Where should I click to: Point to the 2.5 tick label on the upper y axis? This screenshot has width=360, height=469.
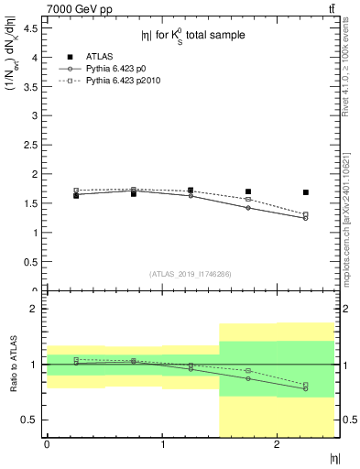30,145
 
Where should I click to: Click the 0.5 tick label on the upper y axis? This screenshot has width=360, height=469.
30,262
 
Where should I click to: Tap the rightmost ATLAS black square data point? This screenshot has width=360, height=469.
306,192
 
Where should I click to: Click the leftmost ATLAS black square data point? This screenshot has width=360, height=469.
76,195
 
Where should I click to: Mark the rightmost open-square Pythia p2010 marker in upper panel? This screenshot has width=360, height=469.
306,214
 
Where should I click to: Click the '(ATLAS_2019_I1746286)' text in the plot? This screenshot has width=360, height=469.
190,273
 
